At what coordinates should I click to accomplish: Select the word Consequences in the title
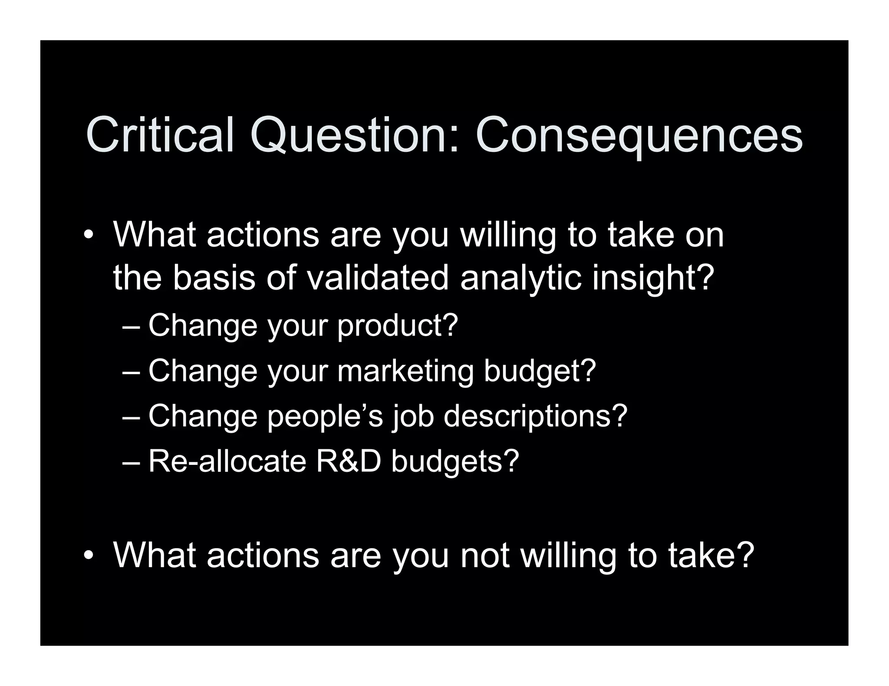639,135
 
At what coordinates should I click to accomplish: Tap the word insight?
653,278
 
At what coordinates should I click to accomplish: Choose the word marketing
405,372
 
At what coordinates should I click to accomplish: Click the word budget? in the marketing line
540,372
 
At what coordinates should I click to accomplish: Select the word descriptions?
535,417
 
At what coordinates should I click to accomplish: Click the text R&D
349,461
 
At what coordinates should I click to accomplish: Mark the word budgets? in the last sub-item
455,462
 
